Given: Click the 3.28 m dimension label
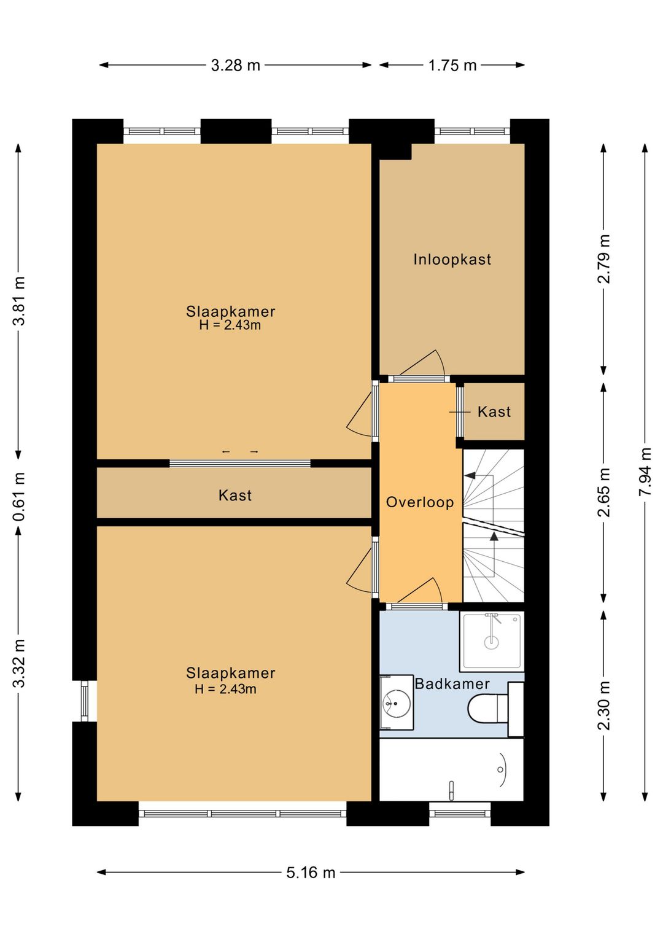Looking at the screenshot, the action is (235, 65).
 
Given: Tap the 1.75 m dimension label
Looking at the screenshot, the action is (452, 65).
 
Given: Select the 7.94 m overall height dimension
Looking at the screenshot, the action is (645, 472).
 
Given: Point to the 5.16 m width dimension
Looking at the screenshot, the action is (311, 873).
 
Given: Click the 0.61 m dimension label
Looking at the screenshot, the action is (19, 496).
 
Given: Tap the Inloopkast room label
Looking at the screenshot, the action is (452, 259).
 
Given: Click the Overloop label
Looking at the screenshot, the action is (419, 502).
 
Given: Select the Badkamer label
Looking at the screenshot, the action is (452, 684).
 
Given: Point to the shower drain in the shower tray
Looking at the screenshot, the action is (492, 642).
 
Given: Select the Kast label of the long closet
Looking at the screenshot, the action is (235, 496).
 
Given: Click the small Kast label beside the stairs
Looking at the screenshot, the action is (494, 411).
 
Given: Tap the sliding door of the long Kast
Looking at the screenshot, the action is (240, 463).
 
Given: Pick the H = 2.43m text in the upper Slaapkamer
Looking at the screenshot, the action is (230, 325).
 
